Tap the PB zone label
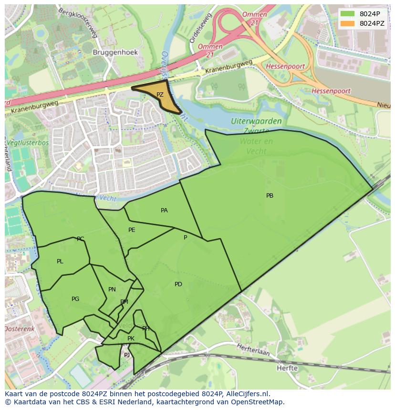(x=270, y=196)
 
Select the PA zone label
(x=164, y=210)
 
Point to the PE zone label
(x=132, y=230)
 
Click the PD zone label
(x=178, y=284)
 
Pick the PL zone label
(x=60, y=261)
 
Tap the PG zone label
(x=75, y=299)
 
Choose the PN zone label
(x=112, y=290)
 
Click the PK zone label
(x=131, y=339)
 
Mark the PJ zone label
(x=127, y=355)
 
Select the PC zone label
(x=80, y=239)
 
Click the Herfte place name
(x=287, y=368)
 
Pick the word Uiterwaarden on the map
(x=256, y=121)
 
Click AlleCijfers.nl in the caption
(x=248, y=394)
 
